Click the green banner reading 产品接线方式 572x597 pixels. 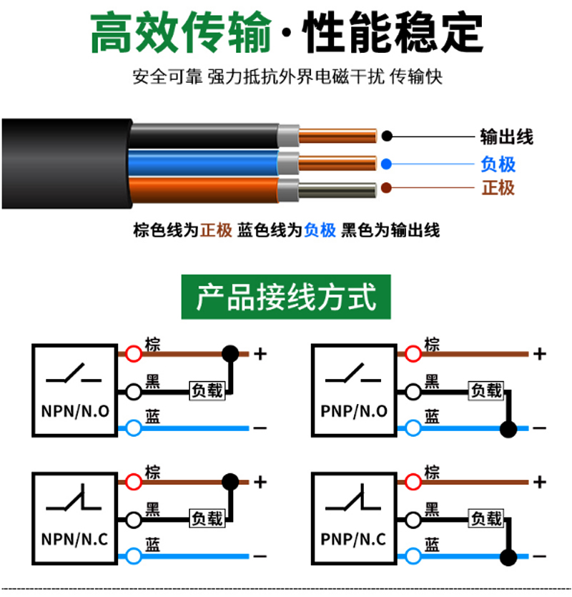(286, 297)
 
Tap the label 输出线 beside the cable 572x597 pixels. (506, 137)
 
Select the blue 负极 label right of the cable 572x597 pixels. (498, 164)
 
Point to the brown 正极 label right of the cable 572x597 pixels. (498, 188)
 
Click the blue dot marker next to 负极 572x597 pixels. (386, 164)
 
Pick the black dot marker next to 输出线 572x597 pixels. (387, 136)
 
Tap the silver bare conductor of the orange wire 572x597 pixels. (337, 190)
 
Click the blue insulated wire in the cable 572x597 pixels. (204, 163)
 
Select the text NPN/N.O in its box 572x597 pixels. (75, 411)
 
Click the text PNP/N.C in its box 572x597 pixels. (353, 539)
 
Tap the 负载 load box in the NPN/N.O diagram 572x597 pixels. (207, 390)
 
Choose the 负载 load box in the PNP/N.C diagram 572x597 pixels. (486, 518)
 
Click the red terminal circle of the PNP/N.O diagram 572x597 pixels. (413, 354)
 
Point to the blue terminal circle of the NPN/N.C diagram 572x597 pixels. (133, 556)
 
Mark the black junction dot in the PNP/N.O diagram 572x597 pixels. (508, 429)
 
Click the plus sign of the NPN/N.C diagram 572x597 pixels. (260, 482)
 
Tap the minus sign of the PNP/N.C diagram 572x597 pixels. (540, 556)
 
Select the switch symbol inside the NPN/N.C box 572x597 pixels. (74, 498)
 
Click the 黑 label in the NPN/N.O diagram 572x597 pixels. (153, 381)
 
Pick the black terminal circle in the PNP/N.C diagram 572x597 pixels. (413, 519)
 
